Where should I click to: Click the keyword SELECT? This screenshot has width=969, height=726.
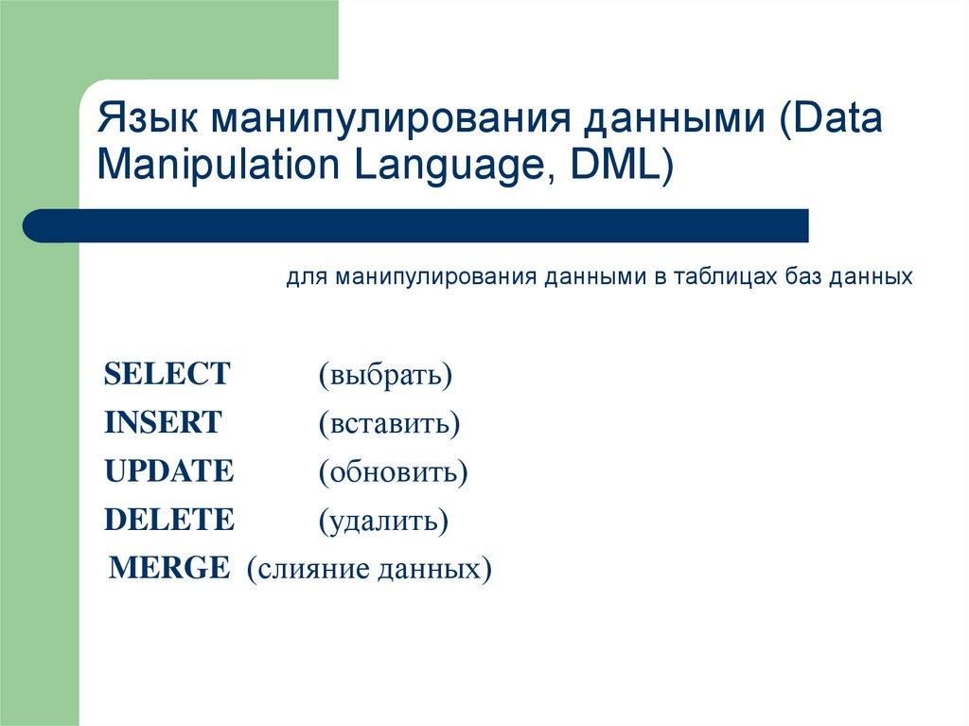tap(167, 374)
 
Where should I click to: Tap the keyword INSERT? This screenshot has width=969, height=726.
tap(163, 422)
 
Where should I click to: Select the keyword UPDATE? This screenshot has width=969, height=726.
tap(168, 471)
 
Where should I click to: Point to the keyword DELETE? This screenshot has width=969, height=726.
tap(168, 520)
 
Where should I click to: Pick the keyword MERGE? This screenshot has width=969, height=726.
tap(169, 568)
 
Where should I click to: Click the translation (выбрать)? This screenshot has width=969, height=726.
tap(385, 375)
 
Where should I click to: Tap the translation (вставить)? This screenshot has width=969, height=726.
tap(389, 423)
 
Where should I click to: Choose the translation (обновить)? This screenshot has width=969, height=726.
tap(393, 472)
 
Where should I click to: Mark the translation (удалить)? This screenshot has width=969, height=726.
tap(382, 521)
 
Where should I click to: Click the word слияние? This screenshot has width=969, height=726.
tap(309, 569)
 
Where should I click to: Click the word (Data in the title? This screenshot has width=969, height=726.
tap(830, 121)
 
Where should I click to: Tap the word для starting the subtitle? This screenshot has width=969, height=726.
tap(306, 277)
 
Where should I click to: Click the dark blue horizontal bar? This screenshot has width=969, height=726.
tap(416, 226)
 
